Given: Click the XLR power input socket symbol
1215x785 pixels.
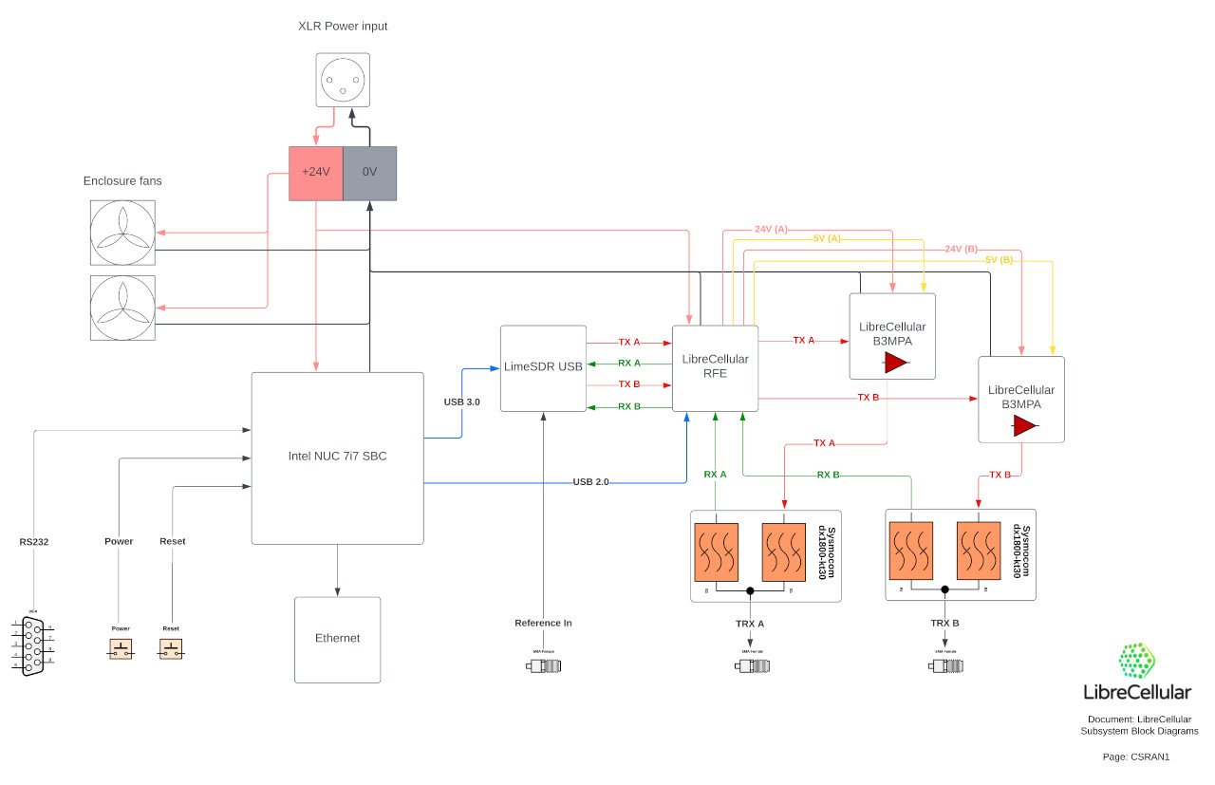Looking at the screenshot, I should click(342, 80).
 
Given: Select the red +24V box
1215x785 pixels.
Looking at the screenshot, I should click(314, 173).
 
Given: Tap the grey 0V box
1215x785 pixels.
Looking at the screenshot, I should click(369, 173).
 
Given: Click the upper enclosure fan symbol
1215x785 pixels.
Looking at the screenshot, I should click(121, 233).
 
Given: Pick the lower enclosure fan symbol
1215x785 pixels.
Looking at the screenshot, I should click(121, 308).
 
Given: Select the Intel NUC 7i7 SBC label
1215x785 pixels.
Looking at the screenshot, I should click(337, 456).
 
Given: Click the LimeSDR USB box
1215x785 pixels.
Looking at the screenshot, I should click(543, 368).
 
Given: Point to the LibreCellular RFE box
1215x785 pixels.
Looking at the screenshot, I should click(715, 368).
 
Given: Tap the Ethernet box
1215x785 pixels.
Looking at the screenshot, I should click(337, 639).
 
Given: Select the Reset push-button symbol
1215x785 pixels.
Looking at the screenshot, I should click(171, 649).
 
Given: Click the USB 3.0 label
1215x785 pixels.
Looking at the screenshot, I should click(461, 402).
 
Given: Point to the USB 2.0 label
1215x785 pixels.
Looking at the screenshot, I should click(590, 482).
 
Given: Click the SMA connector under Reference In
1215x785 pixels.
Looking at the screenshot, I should click(543, 665).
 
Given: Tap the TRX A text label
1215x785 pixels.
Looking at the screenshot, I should click(751, 623).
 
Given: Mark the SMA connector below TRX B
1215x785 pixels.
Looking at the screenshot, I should click(944, 665).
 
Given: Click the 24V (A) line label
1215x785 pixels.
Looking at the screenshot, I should click(770, 229).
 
